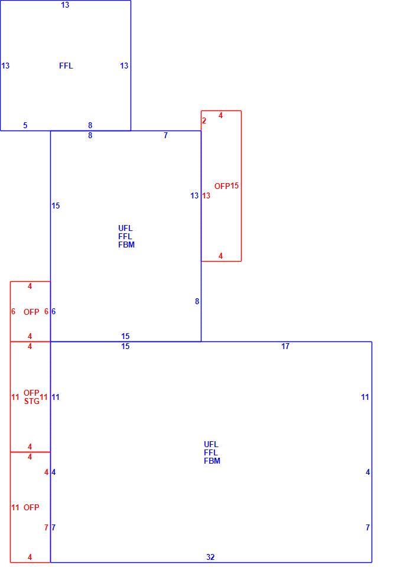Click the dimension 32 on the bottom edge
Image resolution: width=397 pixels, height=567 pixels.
tap(210, 557)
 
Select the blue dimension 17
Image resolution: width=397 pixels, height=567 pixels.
tap(285, 346)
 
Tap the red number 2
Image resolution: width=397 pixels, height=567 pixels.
tap(204, 120)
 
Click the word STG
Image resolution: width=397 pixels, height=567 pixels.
tap(32, 401)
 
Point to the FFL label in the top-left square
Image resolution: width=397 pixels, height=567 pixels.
tap(66, 66)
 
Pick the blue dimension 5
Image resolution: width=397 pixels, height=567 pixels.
tap(25, 125)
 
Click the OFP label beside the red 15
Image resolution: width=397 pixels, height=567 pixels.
tap(222, 186)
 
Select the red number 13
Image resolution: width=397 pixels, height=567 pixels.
tap(206, 195)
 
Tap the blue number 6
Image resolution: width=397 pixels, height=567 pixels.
tap(54, 311)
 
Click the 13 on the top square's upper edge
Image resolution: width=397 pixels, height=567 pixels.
tap(65, 5)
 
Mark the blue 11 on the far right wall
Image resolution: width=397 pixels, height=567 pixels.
tap(365, 397)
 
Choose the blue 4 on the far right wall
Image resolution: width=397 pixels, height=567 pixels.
tap(367, 472)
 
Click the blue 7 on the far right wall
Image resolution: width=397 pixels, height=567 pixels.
tap(367, 527)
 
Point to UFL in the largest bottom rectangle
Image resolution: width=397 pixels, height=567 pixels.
tap(211, 444)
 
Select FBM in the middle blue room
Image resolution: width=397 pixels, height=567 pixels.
tap(126, 245)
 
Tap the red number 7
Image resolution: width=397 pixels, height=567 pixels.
tap(46, 527)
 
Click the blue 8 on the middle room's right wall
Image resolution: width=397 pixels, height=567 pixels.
tap(197, 301)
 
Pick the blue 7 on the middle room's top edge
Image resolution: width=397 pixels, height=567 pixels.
tap(165, 135)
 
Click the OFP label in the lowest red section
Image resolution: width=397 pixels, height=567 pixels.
tap(31, 507)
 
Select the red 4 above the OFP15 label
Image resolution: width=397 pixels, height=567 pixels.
tap(220, 115)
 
